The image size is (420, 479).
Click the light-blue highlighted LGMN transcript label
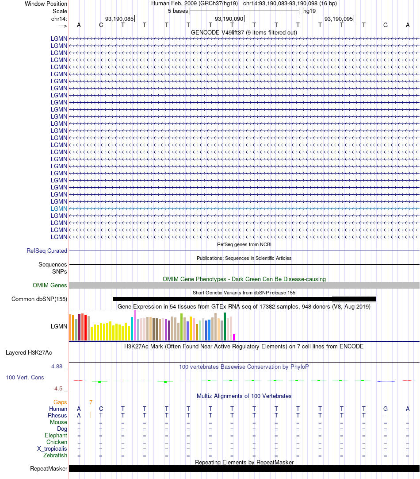59,209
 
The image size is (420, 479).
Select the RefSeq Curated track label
47,251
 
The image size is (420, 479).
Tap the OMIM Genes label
50,285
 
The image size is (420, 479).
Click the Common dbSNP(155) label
39,299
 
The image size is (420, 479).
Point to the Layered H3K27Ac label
29,353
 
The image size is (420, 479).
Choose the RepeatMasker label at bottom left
49,468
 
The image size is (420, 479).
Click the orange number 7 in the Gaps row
91,402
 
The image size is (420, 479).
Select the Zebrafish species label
55,455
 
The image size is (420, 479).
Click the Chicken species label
57,442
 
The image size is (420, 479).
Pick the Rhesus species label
57,416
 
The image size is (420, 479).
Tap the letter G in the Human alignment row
386,409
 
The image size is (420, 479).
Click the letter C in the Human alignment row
101,409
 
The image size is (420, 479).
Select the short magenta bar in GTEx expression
234,337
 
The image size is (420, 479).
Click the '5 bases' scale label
178,11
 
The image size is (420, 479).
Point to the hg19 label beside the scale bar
309,11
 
